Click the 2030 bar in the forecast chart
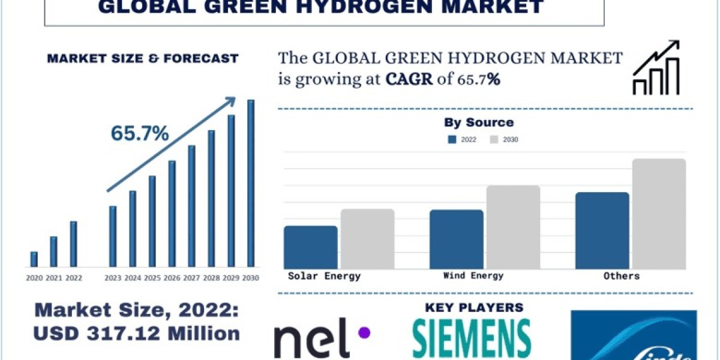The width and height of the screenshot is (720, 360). coord(251,183)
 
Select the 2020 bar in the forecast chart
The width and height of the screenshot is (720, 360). coord(34,259)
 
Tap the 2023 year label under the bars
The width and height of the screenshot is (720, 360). coord(113,278)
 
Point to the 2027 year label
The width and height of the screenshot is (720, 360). coord(191,278)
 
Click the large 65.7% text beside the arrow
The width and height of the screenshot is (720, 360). coord(139,134)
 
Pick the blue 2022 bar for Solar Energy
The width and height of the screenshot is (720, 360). coord(311,247)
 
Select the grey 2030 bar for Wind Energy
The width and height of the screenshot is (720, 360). coord(513,227)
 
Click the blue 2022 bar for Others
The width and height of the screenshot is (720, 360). coord(602,230)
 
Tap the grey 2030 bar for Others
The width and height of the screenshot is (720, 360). coord(658,214)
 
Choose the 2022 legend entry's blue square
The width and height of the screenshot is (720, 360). coord(453,139)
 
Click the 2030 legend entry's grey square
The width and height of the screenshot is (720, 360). coord(494,139)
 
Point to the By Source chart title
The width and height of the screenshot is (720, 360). coord(479,122)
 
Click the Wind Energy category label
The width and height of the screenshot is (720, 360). coord(473,276)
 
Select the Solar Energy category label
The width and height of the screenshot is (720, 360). coord(324,276)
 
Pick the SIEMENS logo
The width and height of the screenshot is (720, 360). coord(472,338)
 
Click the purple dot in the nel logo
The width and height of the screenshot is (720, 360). coord(364,332)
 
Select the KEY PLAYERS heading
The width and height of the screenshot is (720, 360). coord(474,308)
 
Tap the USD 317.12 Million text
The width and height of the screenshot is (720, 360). coord(137,333)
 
